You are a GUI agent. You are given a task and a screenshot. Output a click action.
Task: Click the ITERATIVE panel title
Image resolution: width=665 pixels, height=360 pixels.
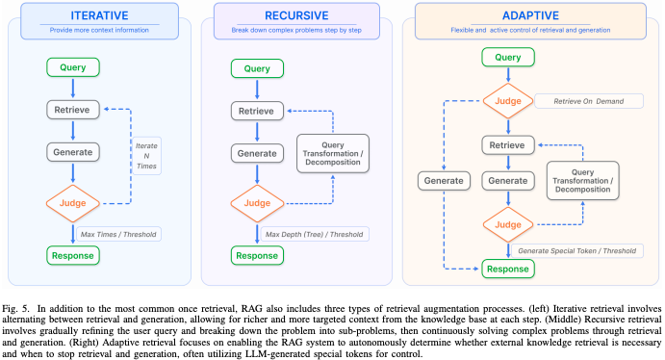pos(99,15)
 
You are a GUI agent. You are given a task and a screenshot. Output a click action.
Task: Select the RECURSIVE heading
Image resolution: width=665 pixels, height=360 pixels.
pos(296,15)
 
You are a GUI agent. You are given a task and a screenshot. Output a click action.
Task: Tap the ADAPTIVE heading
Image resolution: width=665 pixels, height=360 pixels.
pos(530,15)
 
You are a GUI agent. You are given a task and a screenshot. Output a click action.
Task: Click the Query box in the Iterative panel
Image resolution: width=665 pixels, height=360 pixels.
pos(73,67)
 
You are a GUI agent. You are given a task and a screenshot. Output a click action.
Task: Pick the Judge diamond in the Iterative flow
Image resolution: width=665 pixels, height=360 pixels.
pos(73,203)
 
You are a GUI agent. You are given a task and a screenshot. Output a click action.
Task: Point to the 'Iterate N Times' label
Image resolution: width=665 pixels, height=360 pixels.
pos(146,156)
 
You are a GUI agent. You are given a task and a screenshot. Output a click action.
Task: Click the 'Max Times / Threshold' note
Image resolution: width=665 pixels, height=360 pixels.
pos(118,234)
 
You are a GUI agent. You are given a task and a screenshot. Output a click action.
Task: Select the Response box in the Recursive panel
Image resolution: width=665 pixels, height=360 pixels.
pos(257,256)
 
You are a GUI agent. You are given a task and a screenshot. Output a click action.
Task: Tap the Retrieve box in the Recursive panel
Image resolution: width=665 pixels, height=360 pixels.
pos(257,111)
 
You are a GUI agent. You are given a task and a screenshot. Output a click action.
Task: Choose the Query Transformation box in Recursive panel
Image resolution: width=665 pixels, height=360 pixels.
pos(333,153)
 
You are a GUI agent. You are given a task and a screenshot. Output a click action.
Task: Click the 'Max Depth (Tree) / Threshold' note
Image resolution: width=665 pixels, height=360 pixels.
pos(315,234)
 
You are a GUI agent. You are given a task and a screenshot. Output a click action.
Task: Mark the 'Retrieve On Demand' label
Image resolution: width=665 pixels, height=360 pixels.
pos(589,101)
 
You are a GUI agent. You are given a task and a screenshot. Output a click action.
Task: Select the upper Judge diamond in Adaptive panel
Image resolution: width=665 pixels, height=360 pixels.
pos(508,101)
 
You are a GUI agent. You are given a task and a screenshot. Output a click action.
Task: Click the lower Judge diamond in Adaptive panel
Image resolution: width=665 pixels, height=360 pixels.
pos(508,224)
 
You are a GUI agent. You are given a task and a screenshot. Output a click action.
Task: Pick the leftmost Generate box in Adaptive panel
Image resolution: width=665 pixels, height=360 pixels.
pos(444,181)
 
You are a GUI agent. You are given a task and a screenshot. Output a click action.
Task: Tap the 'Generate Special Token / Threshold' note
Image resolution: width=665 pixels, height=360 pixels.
pos(577,250)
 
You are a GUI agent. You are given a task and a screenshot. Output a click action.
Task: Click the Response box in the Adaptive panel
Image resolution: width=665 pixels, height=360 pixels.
pos(508,269)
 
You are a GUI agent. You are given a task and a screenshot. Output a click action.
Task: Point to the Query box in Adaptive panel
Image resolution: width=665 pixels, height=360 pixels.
pos(508,57)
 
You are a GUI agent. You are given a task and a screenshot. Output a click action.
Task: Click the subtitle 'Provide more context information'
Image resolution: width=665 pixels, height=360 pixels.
pos(99,30)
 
